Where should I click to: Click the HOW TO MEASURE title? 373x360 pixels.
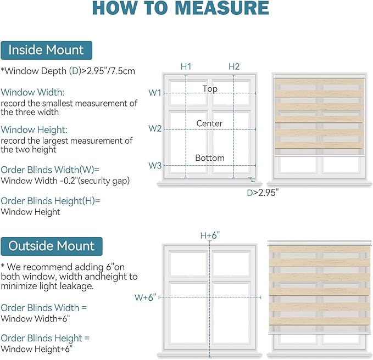point(181,8)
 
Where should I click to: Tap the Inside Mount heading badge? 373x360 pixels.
point(46,50)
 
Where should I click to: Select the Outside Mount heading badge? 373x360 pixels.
point(52,246)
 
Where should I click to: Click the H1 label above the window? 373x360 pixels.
point(186,66)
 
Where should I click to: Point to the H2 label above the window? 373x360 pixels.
point(234,66)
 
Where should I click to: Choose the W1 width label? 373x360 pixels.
point(155,93)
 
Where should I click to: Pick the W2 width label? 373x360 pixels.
point(155,128)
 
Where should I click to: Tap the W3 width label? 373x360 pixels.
point(155,165)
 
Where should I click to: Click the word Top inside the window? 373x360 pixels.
point(210,89)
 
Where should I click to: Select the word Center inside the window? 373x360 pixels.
point(210,123)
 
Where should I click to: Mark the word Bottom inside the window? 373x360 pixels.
point(210,158)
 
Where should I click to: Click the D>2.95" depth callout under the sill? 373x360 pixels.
point(263,193)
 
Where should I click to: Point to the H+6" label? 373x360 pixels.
point(210,235)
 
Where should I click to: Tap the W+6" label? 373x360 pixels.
point(145,297)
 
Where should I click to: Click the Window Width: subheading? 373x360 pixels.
point(32,92)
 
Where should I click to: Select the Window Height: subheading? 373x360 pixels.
point(34,130)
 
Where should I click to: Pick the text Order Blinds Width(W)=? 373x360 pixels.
point(50,170)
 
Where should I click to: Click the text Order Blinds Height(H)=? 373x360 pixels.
point(51,201)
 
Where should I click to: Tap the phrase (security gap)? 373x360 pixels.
point(104,181)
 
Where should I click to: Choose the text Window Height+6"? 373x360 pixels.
point(36,349)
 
